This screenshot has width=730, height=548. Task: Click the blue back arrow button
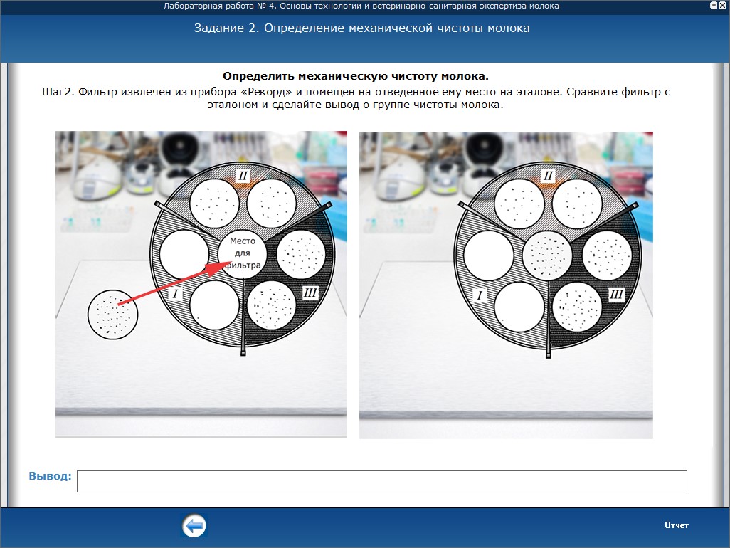point(194,526)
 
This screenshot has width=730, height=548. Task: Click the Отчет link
point(677,525)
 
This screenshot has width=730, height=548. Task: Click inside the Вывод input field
point(382,481)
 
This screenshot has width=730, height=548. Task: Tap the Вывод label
point(51,476)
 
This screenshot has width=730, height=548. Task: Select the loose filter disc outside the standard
point(112,315)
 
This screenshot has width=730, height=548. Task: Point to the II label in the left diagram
point(243,176)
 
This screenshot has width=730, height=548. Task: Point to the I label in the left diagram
point(175,293)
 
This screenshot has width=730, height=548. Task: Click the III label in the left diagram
point(310,293)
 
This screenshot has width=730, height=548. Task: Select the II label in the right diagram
point(548,176)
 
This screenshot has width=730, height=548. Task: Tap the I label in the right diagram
point(480,295)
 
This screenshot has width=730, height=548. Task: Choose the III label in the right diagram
point(616,294)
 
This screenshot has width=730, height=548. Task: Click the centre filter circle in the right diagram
point(547,255)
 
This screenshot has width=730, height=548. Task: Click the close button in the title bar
point(722,6)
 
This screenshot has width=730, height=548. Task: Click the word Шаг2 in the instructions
point(58,92)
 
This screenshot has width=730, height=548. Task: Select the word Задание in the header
point(219,28)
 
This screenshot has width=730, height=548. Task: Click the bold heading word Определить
point(258,76)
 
